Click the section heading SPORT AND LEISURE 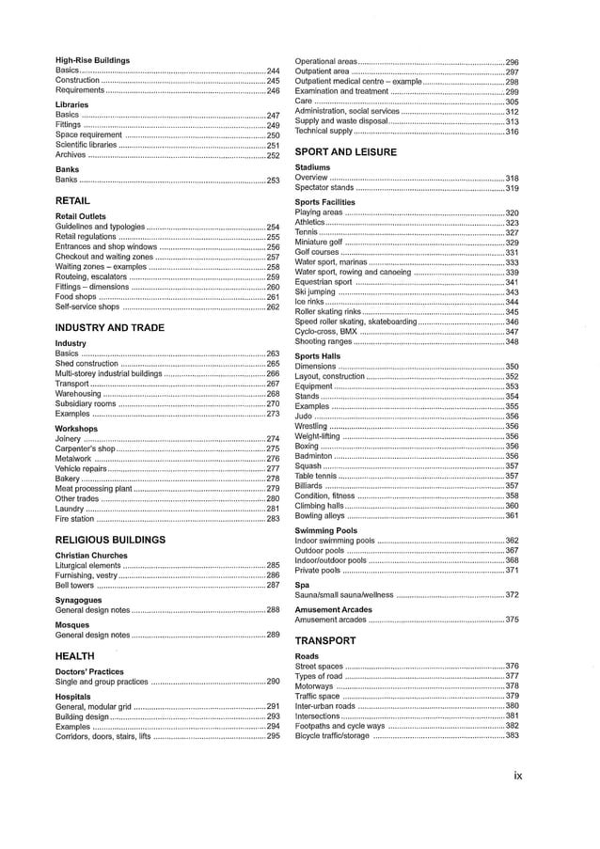(345, 151)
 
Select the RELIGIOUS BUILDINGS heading (110, 540)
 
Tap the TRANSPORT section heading (324, 640)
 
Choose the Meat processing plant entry (93, 488)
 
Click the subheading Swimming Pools (324, 530)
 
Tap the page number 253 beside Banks (274, 180)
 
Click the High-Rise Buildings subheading (92, 60)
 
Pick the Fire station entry (74, 518)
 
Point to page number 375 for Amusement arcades (513, 620)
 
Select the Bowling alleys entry (320, 515)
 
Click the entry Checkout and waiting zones (103, 257)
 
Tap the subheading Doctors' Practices (89, 671)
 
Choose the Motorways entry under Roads (315, 686)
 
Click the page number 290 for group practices (274, 682)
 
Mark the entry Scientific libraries (87, 146)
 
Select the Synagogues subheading (78, 599)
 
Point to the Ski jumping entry (315, 292)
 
